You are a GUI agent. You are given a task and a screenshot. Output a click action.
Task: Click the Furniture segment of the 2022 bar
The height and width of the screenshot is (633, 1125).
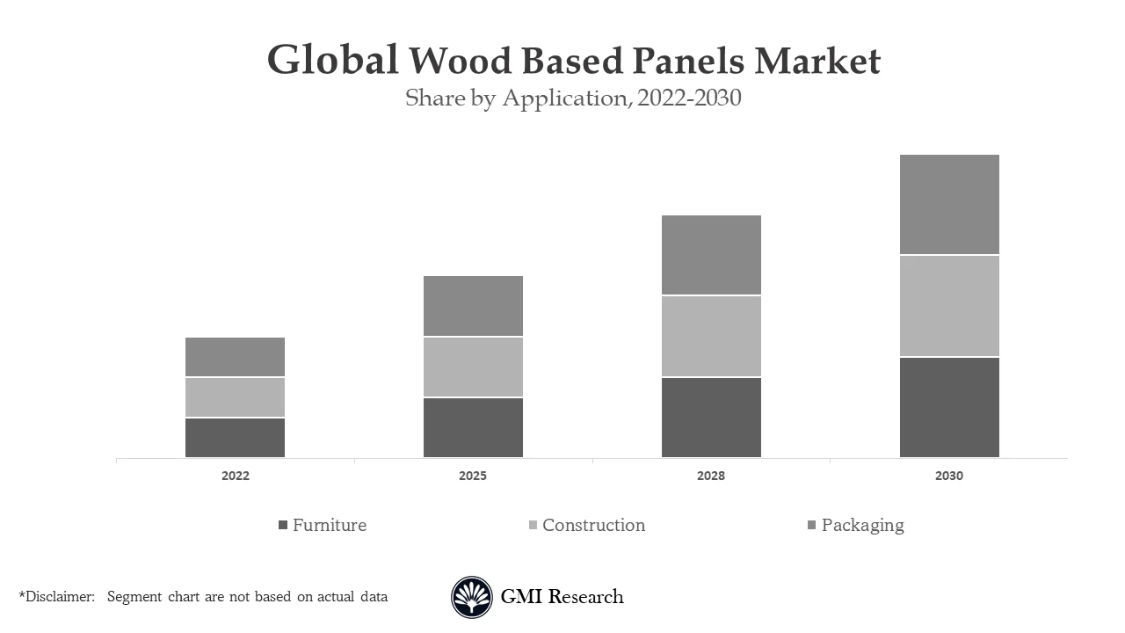coord(235,437)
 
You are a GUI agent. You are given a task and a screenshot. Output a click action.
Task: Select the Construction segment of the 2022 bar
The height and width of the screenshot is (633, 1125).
coord(235,397)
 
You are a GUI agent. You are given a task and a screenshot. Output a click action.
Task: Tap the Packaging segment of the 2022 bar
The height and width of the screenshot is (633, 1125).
coord(235,357)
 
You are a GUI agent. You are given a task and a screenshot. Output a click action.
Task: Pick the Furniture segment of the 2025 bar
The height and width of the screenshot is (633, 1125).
coord(473,427)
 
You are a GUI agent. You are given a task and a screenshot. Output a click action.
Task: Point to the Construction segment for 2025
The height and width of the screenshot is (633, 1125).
coord(473,367)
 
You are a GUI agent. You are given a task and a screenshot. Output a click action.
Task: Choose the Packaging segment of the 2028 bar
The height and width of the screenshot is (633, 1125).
coord(711,255)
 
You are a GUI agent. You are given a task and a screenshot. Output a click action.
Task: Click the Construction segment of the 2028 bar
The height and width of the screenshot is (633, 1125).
coord(711,336)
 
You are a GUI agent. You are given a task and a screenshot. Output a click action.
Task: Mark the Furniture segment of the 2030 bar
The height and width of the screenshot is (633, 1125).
coord(949,407)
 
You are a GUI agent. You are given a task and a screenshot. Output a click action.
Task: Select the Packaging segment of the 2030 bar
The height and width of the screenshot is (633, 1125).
coord(949,205)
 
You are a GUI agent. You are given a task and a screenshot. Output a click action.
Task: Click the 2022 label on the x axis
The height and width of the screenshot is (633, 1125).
coord(235,476)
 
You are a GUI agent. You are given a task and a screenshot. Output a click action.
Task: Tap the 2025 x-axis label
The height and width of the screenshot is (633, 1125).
coord(473,476)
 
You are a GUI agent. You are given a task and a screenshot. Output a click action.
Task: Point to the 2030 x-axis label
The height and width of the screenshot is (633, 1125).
coord(949,476)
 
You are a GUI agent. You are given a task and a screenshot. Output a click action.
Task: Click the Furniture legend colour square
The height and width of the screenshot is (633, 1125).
coord(283,525)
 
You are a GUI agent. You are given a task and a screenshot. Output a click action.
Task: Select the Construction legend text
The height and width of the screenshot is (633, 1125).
coord(593,525)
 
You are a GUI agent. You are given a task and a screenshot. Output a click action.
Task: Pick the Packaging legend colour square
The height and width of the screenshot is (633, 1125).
coord(812,525)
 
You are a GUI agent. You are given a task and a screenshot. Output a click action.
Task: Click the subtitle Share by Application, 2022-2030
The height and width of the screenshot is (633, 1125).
coord(573,98)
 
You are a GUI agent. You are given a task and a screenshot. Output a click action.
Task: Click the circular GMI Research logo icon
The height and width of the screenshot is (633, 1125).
coord(472,597)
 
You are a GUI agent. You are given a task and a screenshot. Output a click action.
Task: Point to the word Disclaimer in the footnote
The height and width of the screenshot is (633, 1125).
coord(59,597)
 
